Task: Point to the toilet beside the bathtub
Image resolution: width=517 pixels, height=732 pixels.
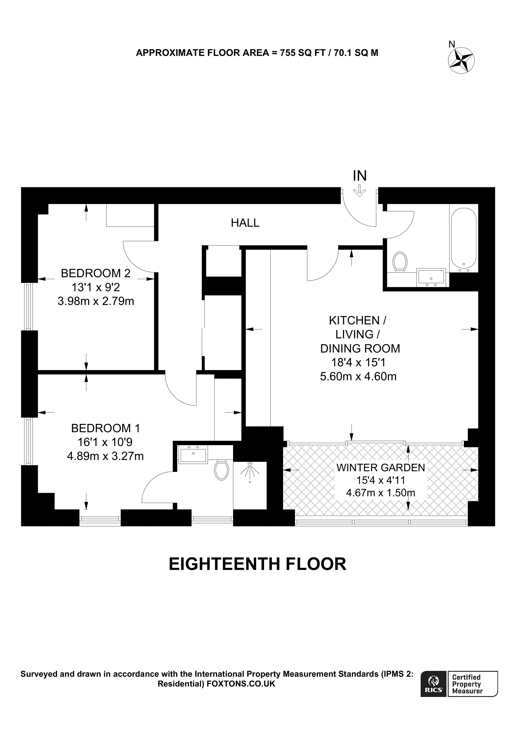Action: coord(400,262)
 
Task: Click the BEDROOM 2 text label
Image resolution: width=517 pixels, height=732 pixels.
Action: coord(96,273)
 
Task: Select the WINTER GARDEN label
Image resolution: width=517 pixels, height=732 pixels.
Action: coord(381,468)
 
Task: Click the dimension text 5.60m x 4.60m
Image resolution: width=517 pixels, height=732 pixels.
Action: coord(358,376)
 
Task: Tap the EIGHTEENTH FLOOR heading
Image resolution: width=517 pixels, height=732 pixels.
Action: coord(257,564)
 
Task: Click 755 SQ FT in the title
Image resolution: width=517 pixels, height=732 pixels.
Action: coord(302,53)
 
